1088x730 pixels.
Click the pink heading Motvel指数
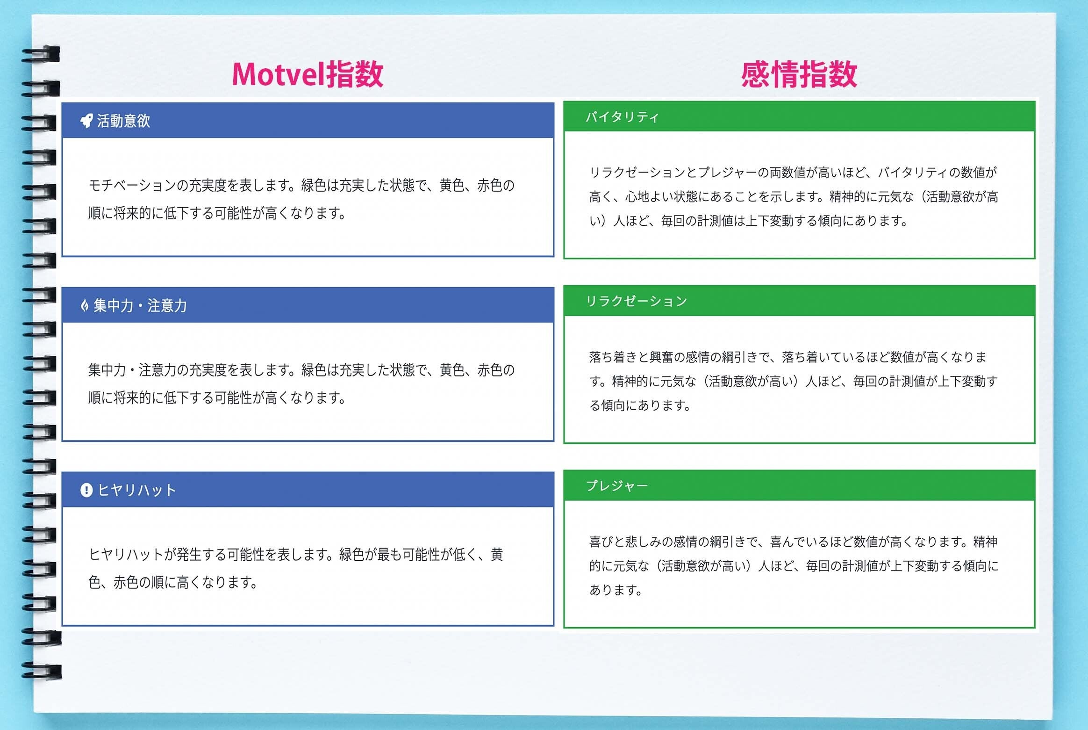coord(308,74)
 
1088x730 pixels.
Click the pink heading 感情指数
coord(799,74)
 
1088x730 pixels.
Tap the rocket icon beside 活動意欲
coord(86,121)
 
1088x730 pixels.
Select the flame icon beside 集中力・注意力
coord(85,306)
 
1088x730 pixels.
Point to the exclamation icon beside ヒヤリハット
coord(86,490)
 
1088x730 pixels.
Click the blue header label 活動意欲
coord(123,121)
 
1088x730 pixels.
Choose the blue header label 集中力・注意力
coord(140,306)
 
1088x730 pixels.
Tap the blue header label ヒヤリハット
coord(137,490)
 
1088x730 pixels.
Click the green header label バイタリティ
coord(622,116)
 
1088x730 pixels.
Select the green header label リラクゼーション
coord(637,301)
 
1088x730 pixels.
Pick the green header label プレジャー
coord(617,485)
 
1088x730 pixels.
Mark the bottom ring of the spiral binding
coord(41,671)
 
